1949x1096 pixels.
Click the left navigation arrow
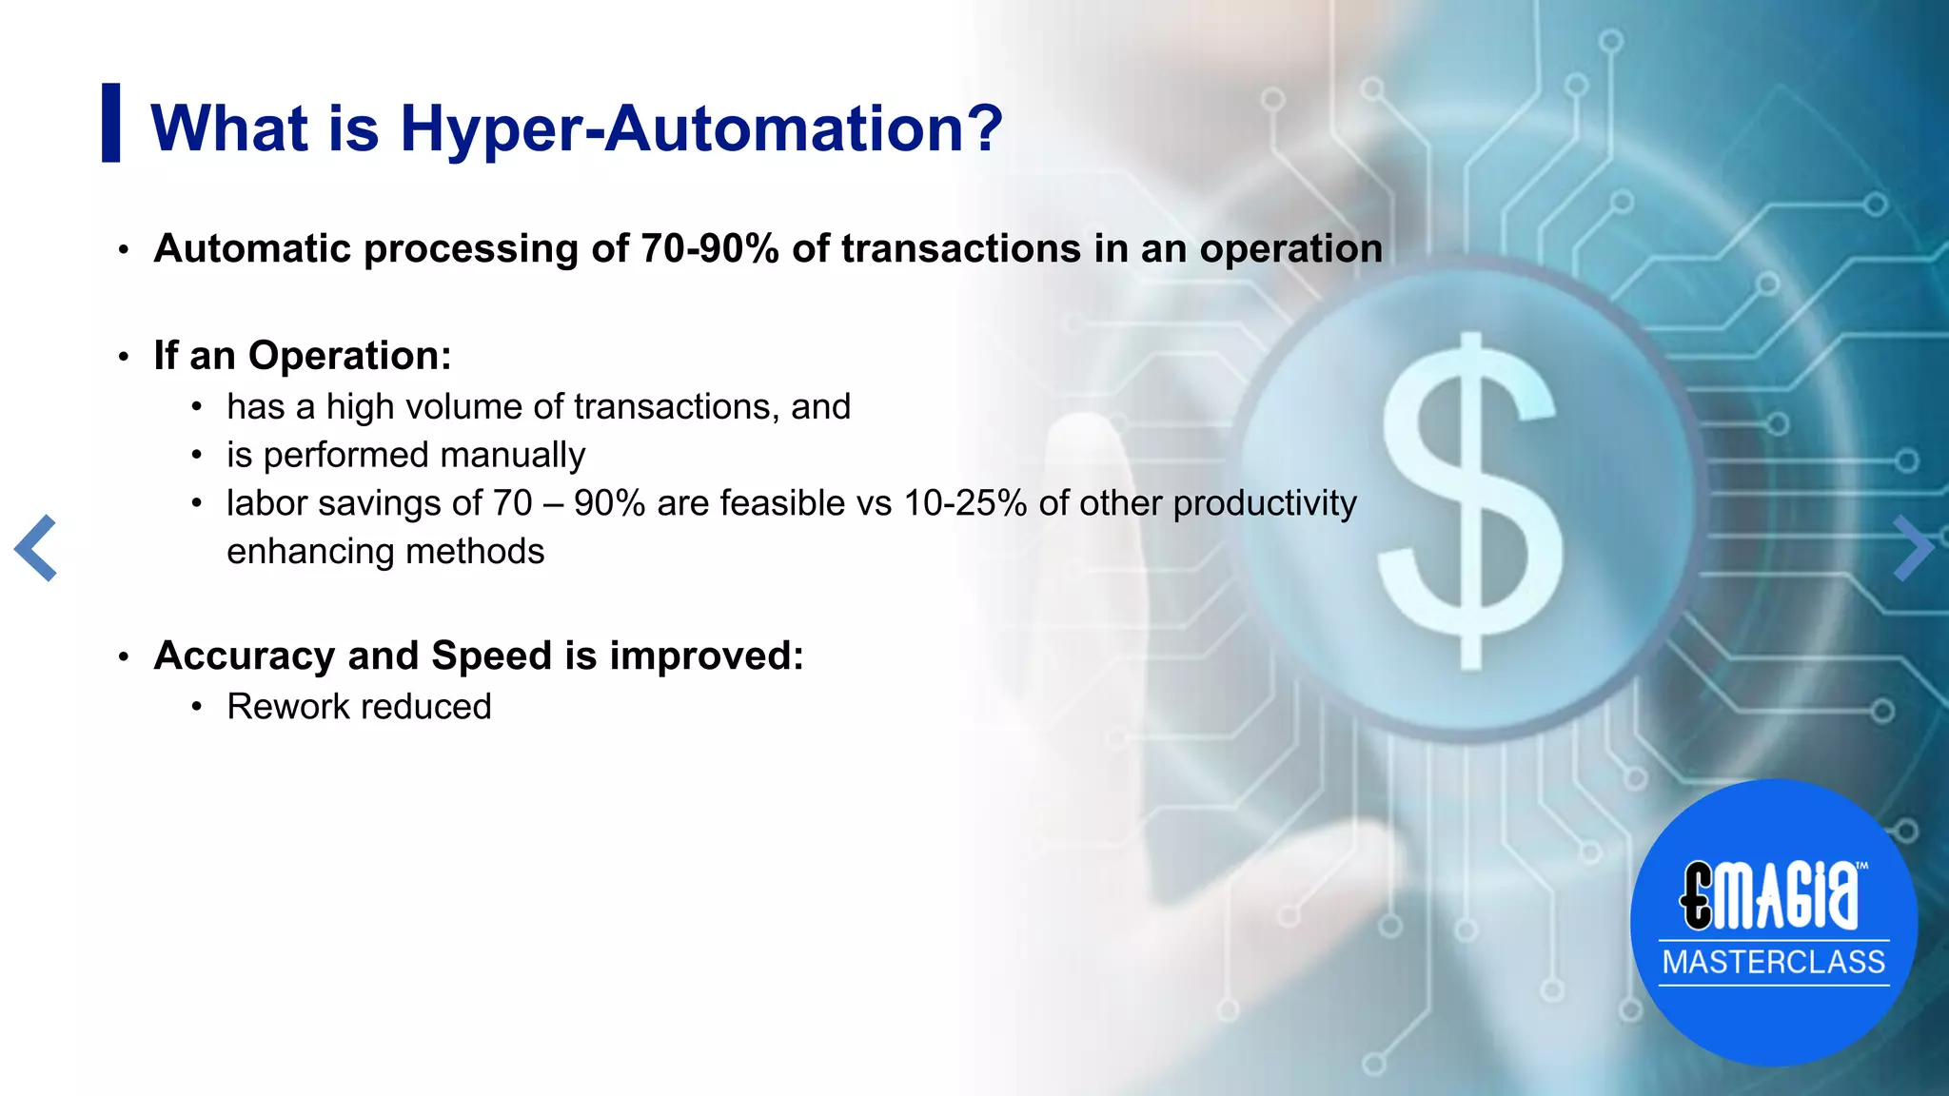pyautogui.click(x=36, y=548)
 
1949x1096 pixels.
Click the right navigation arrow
pyautogui.click(x=1913, y=548)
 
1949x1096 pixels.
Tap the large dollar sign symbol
pyautogui.click(x=1470, y=502)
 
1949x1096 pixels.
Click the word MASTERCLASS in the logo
pyautogui.click(x=1773, y=962)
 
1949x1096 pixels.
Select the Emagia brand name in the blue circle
pyautogui.click(x=1770, y=895)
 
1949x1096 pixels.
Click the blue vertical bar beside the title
pyautogui.click(x=111, y=123)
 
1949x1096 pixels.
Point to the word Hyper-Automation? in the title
pyautogui.click(x=701, y=128)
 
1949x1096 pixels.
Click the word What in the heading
pyautogui.click(x=229, y=128)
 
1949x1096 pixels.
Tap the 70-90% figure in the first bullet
pyautogui.click(x=709, y=249)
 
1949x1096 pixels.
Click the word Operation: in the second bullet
pyautogui.click(x=349, y=356)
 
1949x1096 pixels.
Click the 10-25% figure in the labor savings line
pyautogui.click(x=965, y=503)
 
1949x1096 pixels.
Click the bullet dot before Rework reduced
pyautogui.click(x=196, y=707)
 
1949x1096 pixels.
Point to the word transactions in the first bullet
pyautogui.click(x=959, y=249)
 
